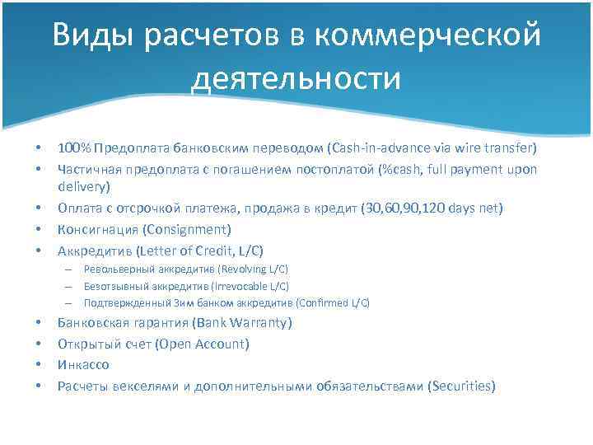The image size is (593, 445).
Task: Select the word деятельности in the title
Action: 296,79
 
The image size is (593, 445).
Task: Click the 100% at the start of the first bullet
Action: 74,148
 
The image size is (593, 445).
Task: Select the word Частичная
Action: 89,169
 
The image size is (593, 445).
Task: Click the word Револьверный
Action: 119,269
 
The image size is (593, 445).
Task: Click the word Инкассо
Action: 83,364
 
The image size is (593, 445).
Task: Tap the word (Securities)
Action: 462,385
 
